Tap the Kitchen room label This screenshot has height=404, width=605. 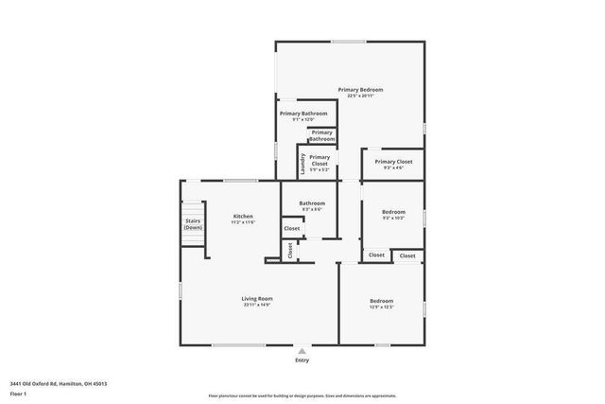(x=244, y=217)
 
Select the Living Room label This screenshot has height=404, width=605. (x=257, y=298)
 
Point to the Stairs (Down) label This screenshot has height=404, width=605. (x=193, y=225)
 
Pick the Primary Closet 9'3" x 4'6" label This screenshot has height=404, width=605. (x=393, y=162)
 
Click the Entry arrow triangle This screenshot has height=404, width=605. (x=302, y=349)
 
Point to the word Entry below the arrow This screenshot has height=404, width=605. (x=302, y=360)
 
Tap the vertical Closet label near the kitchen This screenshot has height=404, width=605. (x=290, y=250)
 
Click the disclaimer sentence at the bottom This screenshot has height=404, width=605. (x=302, y=395)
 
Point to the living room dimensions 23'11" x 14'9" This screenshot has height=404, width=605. (x=257, y=305)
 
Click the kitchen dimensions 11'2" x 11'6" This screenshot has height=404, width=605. (x=244, y=222)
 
